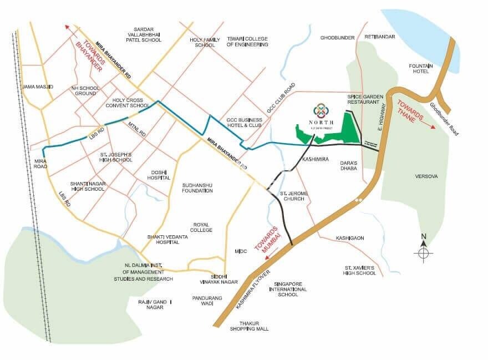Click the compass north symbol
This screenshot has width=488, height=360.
(423, 252)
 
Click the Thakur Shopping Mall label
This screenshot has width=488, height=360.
(250, 326)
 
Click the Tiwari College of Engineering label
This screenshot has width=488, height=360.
(247, 42)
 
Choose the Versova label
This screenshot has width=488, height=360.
(426, 176)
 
